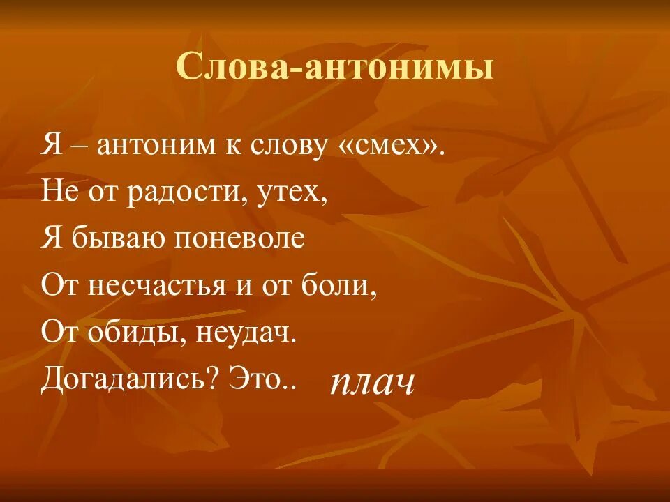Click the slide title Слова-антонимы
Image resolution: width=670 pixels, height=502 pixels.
(x=335, y=68)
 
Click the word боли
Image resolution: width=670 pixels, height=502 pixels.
(x=348, y=285)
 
